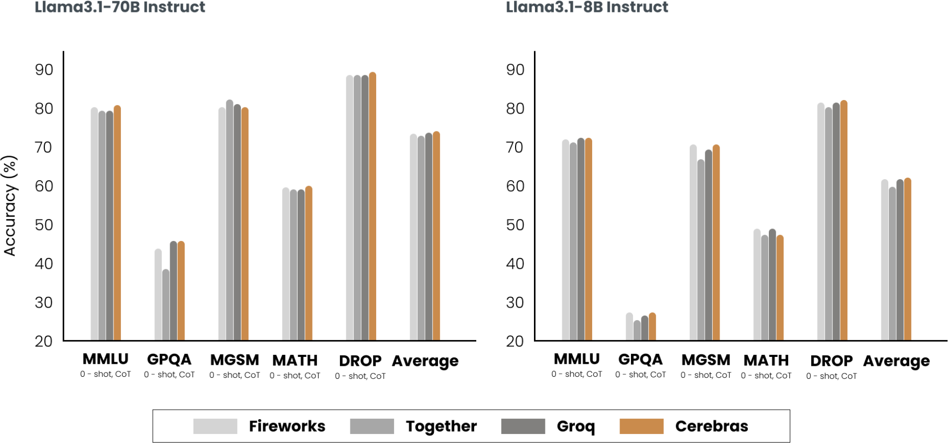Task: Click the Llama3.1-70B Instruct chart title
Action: click(120, 7)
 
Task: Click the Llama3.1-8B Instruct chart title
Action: click(587, 7)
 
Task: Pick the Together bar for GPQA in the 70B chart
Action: click(166, 305)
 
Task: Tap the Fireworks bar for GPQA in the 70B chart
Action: click(158, 295)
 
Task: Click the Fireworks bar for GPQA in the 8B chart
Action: click(630, 327)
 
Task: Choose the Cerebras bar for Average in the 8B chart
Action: click(908, 259)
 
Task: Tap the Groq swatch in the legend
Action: click(523, 426)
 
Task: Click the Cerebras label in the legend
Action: click(712, 426)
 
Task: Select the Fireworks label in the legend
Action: click(287, 426)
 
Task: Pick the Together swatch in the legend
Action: click(372, 426)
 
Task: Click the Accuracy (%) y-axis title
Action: click(10, 206)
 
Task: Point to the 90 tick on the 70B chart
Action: click(44, 70)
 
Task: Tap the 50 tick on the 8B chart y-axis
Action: click(515, 225)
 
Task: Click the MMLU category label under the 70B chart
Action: click(105, 359)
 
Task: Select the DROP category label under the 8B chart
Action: click(832, 361)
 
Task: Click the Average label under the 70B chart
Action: click(425, 361)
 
